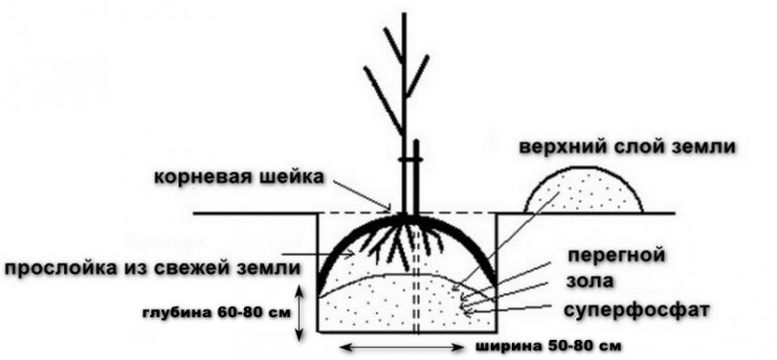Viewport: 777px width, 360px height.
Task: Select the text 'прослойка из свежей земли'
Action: pyautogui.click(x=152, y=268)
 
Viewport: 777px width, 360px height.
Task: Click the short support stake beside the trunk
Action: pyautogui.click(x=416, y=178)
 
